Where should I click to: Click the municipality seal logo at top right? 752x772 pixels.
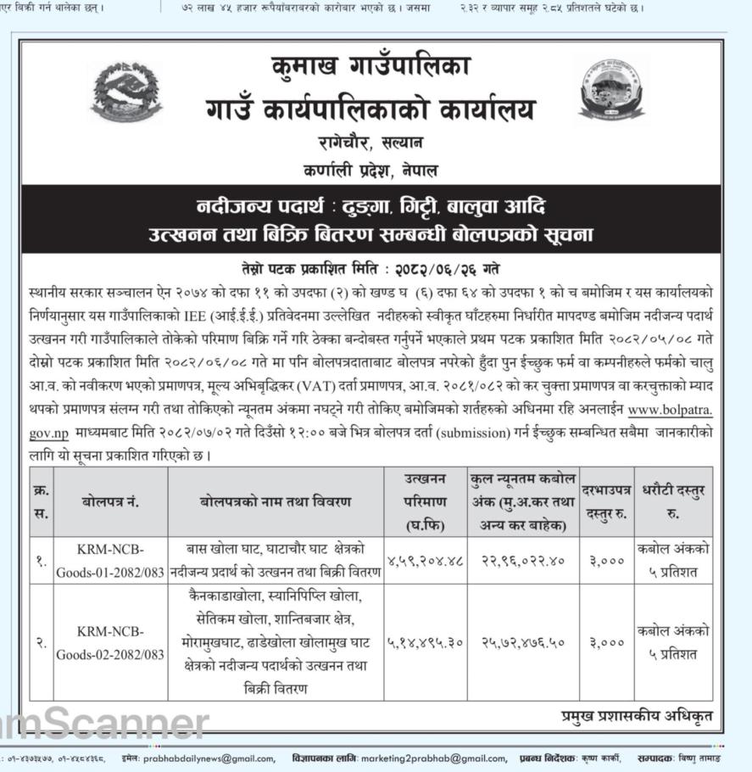coord(611,89)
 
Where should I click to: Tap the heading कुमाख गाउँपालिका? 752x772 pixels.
coord(370,66)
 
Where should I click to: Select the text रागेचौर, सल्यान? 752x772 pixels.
coord(370,142)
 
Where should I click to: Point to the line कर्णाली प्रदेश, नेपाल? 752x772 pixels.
coord(370,170)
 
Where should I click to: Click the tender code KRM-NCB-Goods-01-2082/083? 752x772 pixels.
coord(110,560)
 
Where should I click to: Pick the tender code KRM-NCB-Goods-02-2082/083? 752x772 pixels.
coord(110,643)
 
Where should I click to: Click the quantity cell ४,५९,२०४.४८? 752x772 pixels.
coord(426,560)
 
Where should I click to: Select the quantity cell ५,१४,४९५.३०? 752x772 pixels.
coord(426,643)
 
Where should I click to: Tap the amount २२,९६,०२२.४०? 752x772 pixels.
coord(523,560)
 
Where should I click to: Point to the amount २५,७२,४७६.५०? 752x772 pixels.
coord(523,643)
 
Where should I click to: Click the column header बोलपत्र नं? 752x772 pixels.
coord(110,502)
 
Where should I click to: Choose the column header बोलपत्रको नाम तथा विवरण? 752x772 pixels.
coord(276,502)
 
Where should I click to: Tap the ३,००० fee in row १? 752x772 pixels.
coord(605,560)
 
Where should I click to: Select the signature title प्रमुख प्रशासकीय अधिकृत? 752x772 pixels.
coord(636,717)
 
